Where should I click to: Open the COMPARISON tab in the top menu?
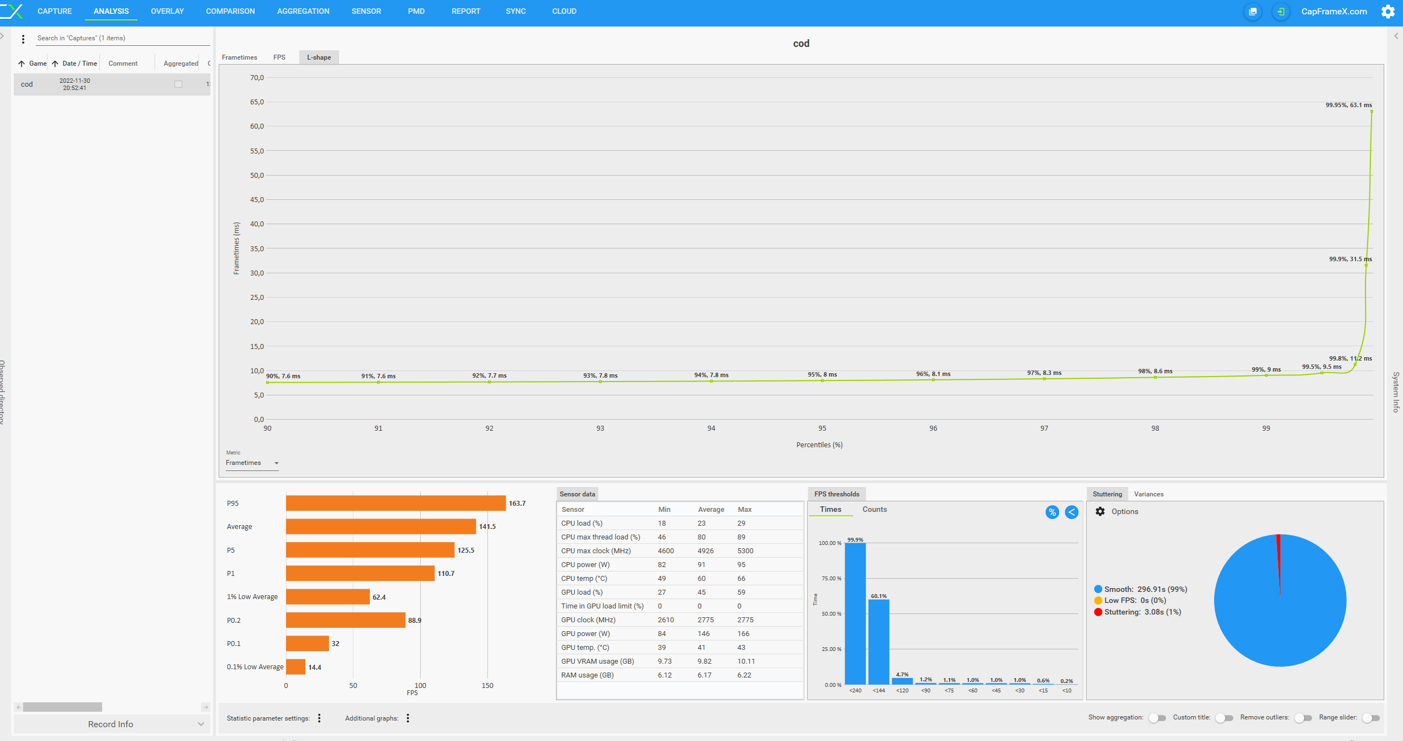pyautogui.click(x=230, y=11)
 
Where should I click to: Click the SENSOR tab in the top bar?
pyautogui.click(x=366, y=11)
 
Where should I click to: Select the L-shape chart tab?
pyautogui.click(x=319, y=57)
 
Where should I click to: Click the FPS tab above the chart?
pyautogui.click(x=279, y=57)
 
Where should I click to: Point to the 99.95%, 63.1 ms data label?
pyautogui.click(x=1348, y=105)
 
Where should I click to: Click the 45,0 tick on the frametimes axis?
pyautogui.click(x=257, y=200)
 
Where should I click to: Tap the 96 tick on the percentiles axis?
pyautogui.click(x=933, y=428)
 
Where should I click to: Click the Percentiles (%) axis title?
pyautogui.click(x=819, y=445)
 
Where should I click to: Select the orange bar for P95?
pyautogui.click(x=395, y=503)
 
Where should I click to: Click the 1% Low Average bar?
pyautogui.click(x=327, y=597)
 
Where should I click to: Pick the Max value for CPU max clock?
pyautogui.click(x=745, y=551)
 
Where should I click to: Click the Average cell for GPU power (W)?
pyautogui.click(x=703, y=634)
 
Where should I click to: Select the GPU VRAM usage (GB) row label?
pyautogui.click(x=597, y=661)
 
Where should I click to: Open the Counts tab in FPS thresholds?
pyautogui.click(x=875, y=510)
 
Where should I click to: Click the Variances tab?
pyautogui.click(x=1148, y=494)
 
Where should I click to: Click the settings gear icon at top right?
pyautogui.click(x=1388, y=12)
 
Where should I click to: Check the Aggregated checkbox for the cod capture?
pyautogui.click(x=178, y=84)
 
